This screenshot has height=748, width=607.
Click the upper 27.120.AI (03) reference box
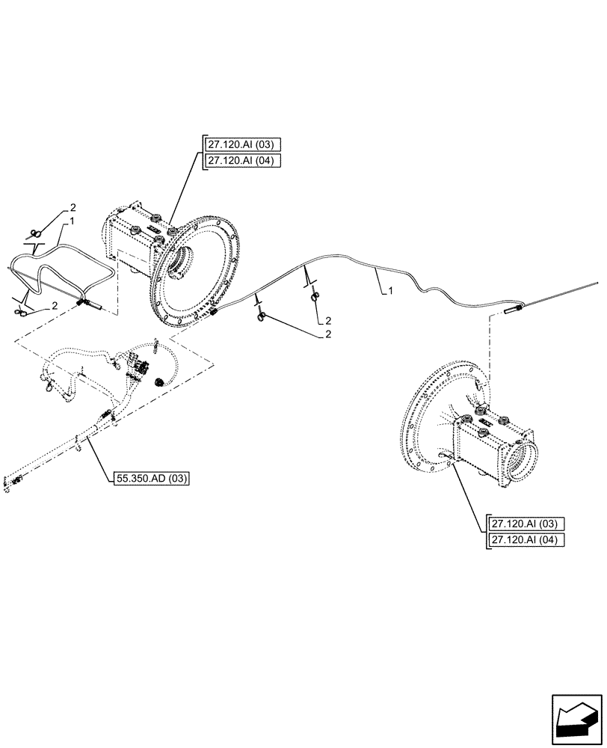[x=241, y=145]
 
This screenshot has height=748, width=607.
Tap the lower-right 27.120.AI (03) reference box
[x=527, y=523]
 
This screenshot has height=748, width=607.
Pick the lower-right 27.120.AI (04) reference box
[x=527, y=540]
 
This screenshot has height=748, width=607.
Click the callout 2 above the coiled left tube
[x=73, y=206]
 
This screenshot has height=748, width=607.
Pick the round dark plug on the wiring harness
[x=158, y=382]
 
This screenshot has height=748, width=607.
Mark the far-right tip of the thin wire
[x=598, y=283]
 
